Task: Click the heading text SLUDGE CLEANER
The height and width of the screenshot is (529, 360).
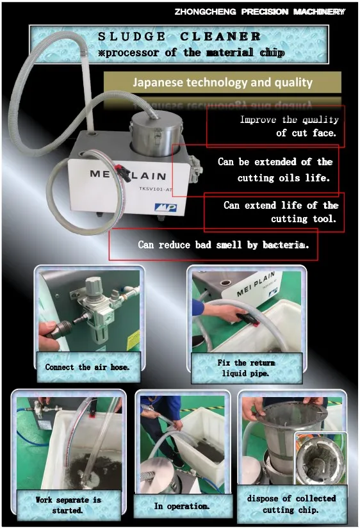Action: tap(179, 37)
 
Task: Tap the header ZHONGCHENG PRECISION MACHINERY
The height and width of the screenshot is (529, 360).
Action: tap(260, 12)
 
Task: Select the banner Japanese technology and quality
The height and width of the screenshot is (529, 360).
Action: tap(222, 83)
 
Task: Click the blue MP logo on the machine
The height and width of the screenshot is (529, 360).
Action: tap(165, 207)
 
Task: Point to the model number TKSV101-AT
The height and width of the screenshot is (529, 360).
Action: tap(156, 189)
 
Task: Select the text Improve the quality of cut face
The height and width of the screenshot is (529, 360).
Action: tap(289, 126)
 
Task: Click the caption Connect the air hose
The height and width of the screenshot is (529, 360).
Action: tap(87, 367)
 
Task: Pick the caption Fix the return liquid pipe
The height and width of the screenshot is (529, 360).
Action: tap(246, 368)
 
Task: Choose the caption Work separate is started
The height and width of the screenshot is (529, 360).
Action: tap(68, 505)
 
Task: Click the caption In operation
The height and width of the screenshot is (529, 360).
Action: tap(182, 506)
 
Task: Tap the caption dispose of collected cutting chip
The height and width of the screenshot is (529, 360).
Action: tap(291, 504)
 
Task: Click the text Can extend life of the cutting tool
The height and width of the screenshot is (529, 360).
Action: tap(281, 212)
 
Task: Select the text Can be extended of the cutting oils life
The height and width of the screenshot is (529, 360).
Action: tap(275, 170)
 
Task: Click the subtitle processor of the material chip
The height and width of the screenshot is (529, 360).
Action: tap(192, 53)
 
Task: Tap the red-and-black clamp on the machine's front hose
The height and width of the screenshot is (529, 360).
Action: tap(122, 173)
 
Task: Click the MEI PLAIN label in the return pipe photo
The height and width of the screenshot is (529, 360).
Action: tap(256, 284)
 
